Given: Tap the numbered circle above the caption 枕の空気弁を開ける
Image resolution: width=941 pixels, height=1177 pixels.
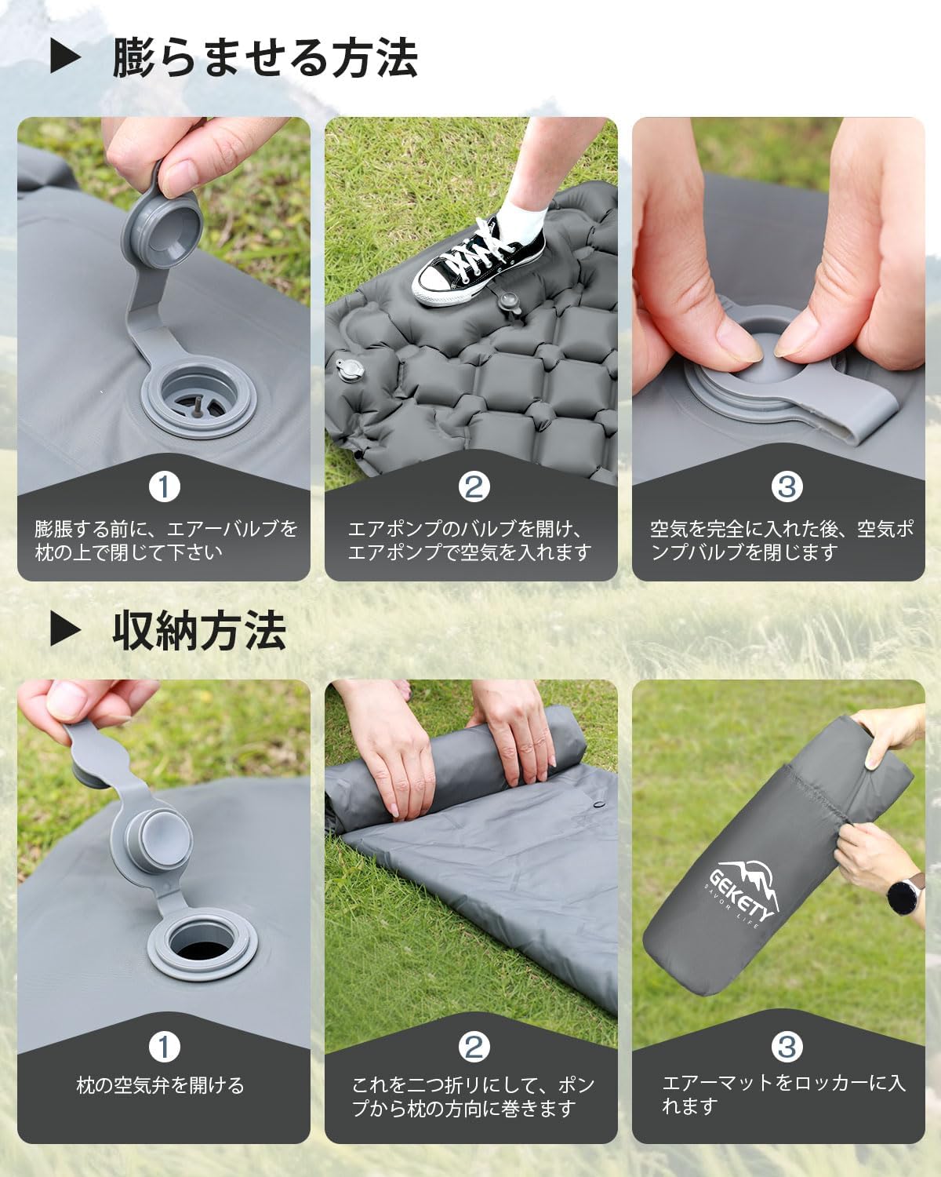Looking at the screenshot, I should (x=164, y=1046).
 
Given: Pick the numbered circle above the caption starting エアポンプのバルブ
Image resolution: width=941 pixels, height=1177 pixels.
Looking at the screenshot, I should (x=474, y=486).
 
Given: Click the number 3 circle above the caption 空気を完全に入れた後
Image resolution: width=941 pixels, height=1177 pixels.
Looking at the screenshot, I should (x=787, y=486).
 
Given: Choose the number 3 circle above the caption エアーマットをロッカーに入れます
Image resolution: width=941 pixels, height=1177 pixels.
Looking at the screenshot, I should (x=787, y=1046).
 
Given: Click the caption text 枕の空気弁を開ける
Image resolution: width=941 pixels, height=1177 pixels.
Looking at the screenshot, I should (x=160, y=1085).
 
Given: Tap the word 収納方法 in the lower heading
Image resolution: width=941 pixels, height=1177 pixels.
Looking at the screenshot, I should (x=199, y=630).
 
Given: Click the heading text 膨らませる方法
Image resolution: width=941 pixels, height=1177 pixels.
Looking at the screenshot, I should (x=264, y=57).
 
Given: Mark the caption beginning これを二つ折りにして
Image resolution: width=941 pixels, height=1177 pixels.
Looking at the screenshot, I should (x=472, y=1097).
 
